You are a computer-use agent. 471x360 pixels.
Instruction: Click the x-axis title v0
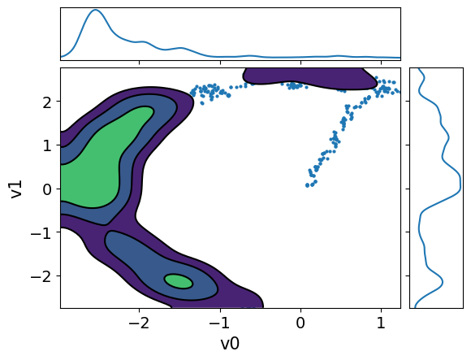[x=230, y=344]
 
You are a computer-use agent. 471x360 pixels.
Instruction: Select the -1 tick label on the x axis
[x=220, y=324]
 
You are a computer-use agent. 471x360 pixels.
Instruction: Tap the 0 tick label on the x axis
[x=300, y=324]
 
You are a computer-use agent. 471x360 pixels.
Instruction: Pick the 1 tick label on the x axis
[x=381, y=324]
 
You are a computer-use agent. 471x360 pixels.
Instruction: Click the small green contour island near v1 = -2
[x=178, y=281]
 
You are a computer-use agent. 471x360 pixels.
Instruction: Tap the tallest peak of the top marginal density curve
[x=96, y=11]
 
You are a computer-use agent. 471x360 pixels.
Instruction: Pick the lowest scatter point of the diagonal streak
[x=308, y=185]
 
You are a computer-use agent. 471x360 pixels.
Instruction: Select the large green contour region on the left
[x=89, y=171]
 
